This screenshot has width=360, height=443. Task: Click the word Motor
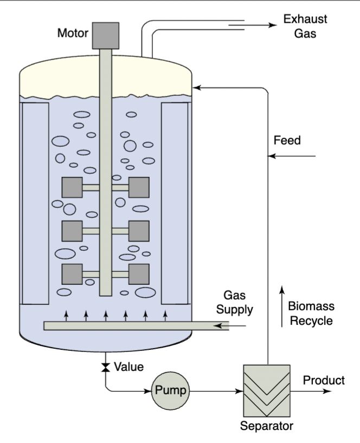[73, 34]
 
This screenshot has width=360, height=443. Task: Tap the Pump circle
[171, 389]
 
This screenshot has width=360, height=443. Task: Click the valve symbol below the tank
[105, 368]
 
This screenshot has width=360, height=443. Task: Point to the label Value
[128, 367]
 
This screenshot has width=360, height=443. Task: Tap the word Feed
[287, 140]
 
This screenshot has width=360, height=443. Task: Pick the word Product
[324, 380]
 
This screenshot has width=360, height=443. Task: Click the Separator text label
[267, 425]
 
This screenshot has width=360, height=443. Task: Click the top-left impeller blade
[72, 187]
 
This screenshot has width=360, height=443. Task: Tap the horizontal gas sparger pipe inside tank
[136, 326]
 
